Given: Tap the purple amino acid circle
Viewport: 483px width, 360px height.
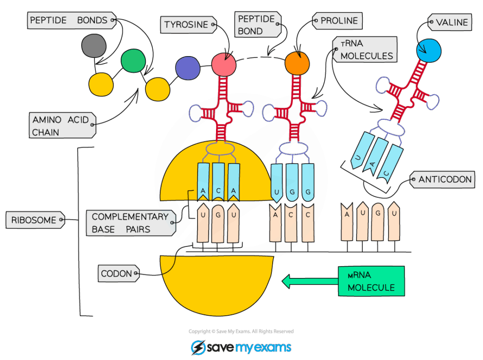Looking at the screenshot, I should click(188, 68).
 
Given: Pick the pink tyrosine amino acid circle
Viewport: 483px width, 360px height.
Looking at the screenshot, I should click(224, 64).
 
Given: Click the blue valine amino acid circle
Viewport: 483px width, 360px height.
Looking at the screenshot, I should click(429, 49).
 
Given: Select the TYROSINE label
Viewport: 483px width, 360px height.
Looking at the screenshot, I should click(187, 25).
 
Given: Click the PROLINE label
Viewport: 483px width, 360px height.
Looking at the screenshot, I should click(339, 21).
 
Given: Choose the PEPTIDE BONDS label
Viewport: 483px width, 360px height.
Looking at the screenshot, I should click(69, 20).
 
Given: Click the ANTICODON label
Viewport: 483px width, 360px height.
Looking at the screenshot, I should click(444, 180).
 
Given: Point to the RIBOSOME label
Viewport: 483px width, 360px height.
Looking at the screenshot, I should click(34, 220).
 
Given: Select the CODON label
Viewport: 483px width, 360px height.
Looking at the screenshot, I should click(117, 274).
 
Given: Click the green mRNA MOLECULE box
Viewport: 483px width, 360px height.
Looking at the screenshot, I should click(371, 281).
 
